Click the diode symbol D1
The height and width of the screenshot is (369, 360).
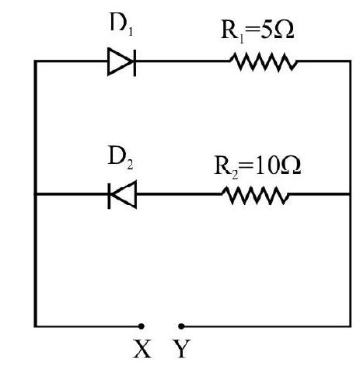[x=121, y=61]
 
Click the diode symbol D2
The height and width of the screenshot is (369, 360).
[x=122, y=194]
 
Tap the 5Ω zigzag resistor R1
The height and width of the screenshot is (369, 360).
[x=264, y=61]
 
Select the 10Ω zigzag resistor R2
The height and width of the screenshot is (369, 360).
[x=256, y=195]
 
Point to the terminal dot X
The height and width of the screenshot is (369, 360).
[x=142, y=326]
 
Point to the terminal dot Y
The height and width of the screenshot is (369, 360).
[x=181, y=326]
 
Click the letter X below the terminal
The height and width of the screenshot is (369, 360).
[x=142, y=349]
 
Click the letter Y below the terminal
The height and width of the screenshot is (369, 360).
[x=182, y=349]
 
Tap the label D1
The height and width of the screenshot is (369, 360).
[x=121, y=25]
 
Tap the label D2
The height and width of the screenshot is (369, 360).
[x=121, y=158]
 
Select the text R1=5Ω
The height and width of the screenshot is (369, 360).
[x=257, y=31]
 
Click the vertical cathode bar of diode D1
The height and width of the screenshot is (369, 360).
[x=135, y=62]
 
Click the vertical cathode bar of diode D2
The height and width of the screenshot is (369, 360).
[x=109, y=196]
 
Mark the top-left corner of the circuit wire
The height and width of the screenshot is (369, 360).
[x=36, y=61]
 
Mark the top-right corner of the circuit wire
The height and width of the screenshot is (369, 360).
[x=350, y=61]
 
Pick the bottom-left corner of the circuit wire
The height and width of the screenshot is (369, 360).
[x=36, y=326]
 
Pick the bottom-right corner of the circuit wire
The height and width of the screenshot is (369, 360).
[x=350, y=326]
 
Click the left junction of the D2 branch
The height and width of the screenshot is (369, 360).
[x=36, y=194]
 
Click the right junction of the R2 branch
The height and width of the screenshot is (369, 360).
[x=350, y=194]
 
